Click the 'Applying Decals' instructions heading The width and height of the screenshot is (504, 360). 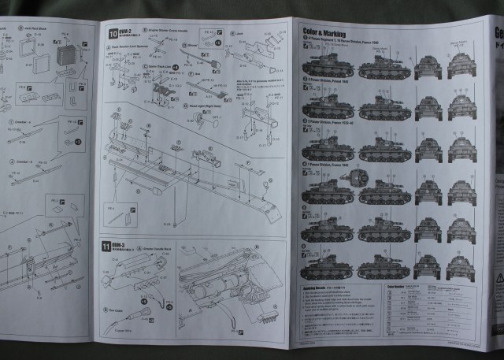tap(318, 289)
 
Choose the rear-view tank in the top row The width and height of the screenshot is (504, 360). tap(462, 65)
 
